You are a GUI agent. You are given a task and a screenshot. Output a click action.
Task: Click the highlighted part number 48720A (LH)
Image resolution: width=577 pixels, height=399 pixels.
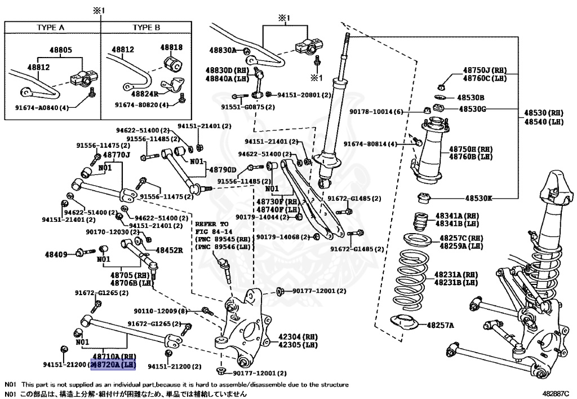pyautogui.click(x=114, y=365)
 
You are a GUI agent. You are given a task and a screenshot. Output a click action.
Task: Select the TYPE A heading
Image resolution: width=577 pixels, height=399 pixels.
pyautogui.click(x=51, y=27)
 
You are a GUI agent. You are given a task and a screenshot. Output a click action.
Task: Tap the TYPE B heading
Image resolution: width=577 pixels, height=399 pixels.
pyautogui.click(x=146, y=27)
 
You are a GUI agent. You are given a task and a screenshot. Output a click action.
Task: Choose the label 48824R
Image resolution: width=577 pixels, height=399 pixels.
pyautogui.click(x=144, y=94)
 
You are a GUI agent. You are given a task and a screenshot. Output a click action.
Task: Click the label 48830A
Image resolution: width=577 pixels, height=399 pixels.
pyautogui.click(x=223, y=50)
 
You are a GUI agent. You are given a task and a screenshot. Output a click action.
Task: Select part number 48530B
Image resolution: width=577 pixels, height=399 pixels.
pyautogui.click(x=471, y=98)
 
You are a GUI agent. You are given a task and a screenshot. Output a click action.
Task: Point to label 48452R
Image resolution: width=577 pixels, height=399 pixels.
pyautogui.click(x=170, y=250)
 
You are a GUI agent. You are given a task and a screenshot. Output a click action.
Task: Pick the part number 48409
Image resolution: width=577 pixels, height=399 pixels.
pyautogui.click(x=56, y=253)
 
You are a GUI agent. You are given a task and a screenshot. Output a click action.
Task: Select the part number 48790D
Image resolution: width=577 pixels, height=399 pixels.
pyautogui.click(x=223, y=170)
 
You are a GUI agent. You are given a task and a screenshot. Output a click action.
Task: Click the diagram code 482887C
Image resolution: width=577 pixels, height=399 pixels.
pyautogui.click(x=557, y=394)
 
